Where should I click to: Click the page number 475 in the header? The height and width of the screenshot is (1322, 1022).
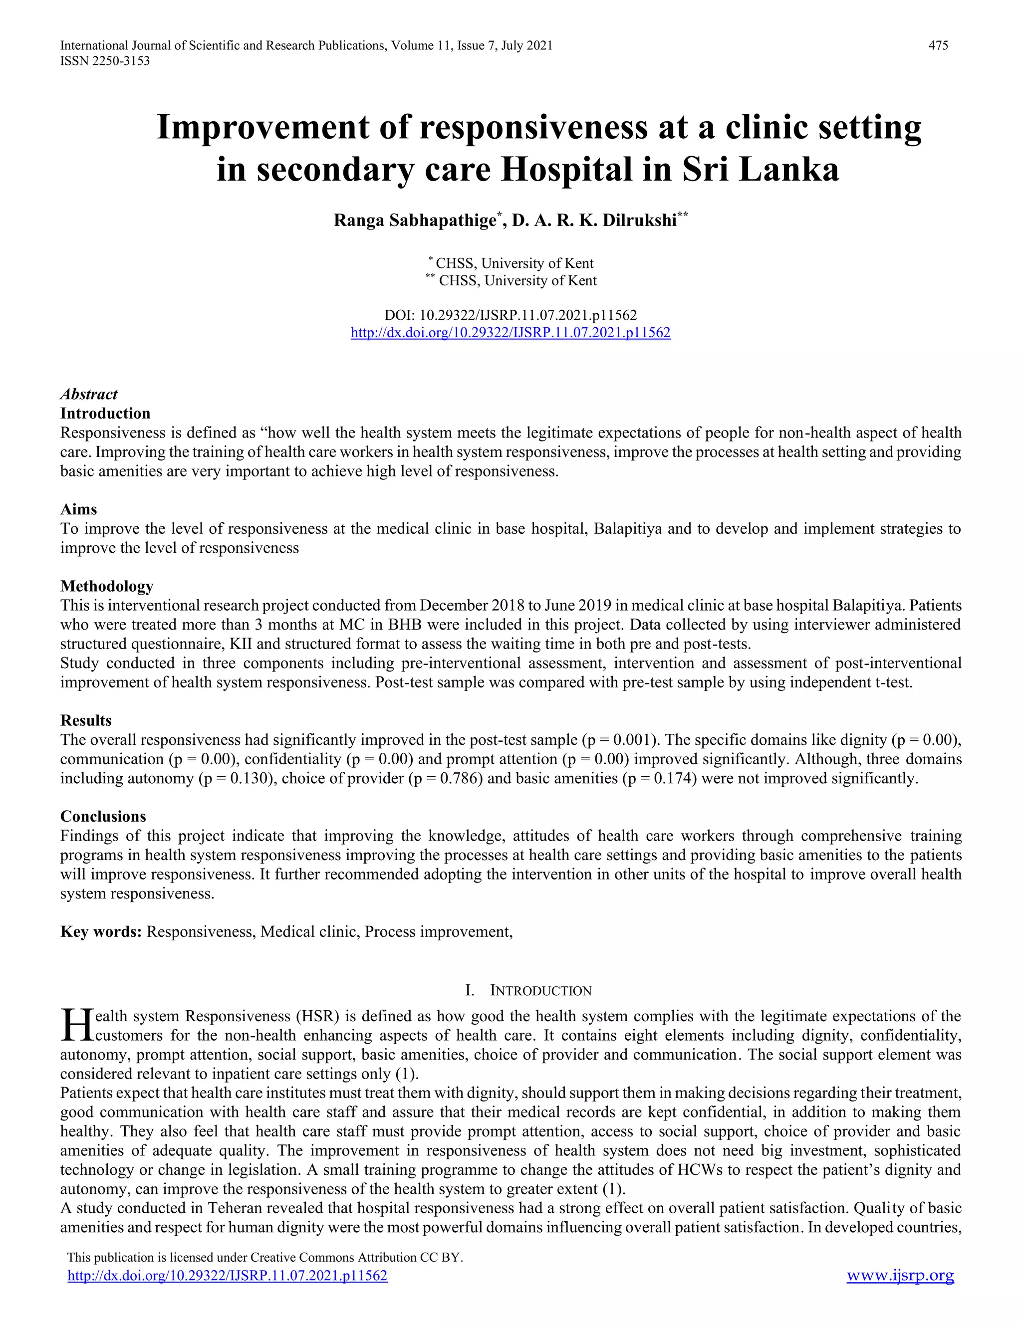point(938,45)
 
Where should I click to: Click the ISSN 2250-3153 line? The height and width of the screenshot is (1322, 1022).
point(105,61)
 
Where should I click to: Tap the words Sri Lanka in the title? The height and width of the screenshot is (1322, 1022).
point(761,170)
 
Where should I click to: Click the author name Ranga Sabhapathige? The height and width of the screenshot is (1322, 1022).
point(415,220)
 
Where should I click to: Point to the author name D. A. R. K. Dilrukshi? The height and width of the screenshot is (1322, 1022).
point(594,220)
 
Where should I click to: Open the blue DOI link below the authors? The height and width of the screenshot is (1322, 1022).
point(511,332)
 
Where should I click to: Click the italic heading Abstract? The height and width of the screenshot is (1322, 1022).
point(88,394)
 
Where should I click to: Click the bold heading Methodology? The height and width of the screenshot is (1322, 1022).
point(107,586)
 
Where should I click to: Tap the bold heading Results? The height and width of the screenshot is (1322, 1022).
point(85,720)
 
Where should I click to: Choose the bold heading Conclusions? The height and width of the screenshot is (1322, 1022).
point(103,816)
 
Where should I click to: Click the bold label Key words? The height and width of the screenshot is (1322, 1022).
point(100,931)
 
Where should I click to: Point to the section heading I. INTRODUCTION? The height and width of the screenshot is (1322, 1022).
point(528,990)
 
